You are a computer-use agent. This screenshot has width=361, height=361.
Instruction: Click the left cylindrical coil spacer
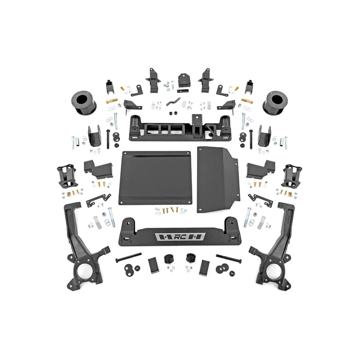click(x=82, y=101)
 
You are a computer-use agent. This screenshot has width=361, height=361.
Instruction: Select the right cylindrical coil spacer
click(x=278, y=101)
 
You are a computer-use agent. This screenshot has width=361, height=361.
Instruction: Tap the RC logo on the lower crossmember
click(x=180, y=237)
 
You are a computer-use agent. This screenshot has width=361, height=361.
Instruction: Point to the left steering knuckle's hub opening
click(x=83, y=272)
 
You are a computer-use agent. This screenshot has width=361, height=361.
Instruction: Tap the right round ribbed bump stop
click(x=191, y=259)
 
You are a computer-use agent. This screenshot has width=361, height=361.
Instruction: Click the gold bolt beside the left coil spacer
click(x=112, y=101)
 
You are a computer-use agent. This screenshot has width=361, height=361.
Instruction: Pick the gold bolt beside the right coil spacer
click(x=247, y=101)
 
